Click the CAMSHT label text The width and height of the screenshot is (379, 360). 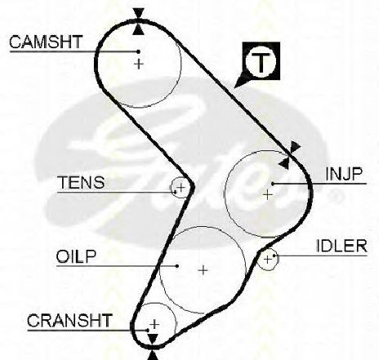(46, 42)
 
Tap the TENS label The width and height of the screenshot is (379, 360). (82, 182)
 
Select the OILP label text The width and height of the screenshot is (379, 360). (76, 256)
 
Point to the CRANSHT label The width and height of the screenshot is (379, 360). (69, 320)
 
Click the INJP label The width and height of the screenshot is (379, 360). (344, 174)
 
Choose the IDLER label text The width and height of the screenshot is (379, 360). (341, 246)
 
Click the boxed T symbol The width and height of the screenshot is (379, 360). (261, 61)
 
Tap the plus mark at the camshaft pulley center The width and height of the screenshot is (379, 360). (139, 64)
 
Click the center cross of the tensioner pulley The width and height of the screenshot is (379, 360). (181, 187)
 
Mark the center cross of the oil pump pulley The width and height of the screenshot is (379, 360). (203, 270)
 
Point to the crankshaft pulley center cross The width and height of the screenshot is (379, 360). (154, 324)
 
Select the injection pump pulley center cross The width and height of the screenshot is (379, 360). (268, 194)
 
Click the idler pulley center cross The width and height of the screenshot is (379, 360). (268, 260)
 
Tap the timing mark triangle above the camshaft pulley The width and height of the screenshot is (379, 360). (139, 13)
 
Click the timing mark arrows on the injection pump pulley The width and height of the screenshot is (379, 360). (289, 155)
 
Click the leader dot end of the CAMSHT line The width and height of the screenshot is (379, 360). (138, 51)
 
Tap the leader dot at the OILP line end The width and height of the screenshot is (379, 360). (177, 266)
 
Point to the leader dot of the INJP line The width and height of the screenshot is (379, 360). (273, 184)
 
